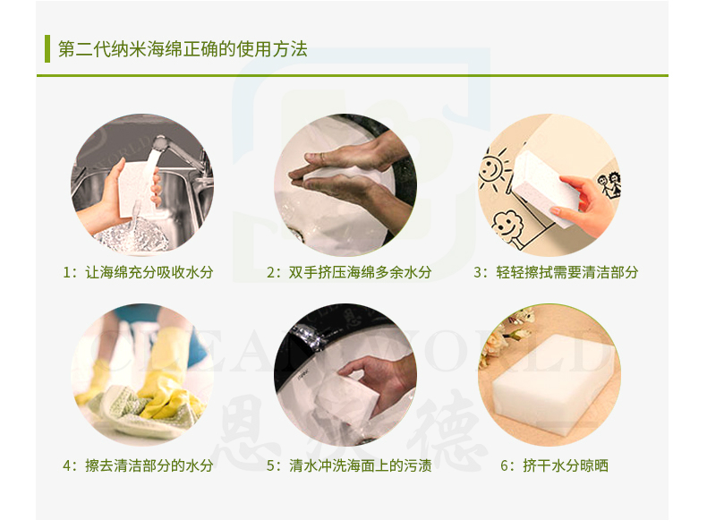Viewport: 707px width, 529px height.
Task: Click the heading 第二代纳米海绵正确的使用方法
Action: click(x=183, y=48)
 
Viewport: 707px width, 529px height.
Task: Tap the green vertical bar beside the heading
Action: click(x=47, y=48)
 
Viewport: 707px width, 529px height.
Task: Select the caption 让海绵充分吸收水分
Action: click(x=149, y=272)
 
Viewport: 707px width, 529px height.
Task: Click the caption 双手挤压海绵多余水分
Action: click(x=361, y=272)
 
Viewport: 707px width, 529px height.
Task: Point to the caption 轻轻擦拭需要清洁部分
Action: click(x=567, y=272)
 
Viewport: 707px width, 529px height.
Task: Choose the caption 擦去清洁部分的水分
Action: click(x=149, y=465)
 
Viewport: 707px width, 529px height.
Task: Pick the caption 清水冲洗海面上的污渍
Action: click(x=361, y=465)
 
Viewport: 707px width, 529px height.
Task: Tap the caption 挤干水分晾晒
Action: click(x=566, y=465)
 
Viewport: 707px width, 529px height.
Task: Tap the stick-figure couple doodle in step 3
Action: click(x=610, y=184)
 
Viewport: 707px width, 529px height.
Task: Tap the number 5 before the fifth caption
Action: click(x=270, y=465)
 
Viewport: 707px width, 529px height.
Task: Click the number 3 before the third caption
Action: click(x=478, y=273)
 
